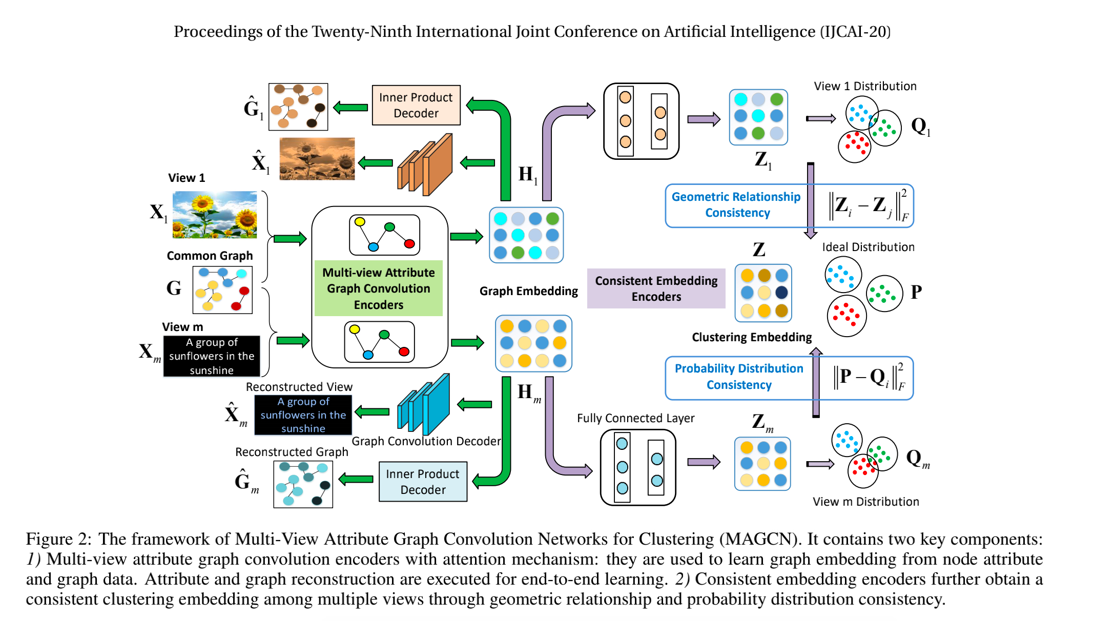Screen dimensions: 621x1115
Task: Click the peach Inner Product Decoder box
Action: [x=416, y=105]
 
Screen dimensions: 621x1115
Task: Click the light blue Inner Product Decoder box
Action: [x=423, y=482]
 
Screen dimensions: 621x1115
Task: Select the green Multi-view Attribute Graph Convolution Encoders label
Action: [x=378, y=288]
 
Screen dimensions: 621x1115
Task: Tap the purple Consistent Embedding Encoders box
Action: [x=656, y=288]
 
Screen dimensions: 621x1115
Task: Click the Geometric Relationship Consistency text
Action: [x=736, y=204]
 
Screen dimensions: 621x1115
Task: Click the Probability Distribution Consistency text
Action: [x=739, y=377]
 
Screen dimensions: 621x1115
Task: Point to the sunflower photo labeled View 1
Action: [x=215, y=215]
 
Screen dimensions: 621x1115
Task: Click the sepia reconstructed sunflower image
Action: [x=317, y=158]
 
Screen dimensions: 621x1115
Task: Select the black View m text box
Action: [x=212, y=356]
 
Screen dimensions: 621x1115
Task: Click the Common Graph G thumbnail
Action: [x=222, y=290]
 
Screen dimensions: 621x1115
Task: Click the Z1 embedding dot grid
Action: [x=758, y=117]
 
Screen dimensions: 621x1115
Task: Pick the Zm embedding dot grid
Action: [x=762, y=464]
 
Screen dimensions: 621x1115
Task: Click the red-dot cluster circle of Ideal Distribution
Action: [x=846, y=316]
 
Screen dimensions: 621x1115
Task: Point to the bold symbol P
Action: [x=916, y=292]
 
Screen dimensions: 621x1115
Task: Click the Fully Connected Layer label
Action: [x=635, y=418]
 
